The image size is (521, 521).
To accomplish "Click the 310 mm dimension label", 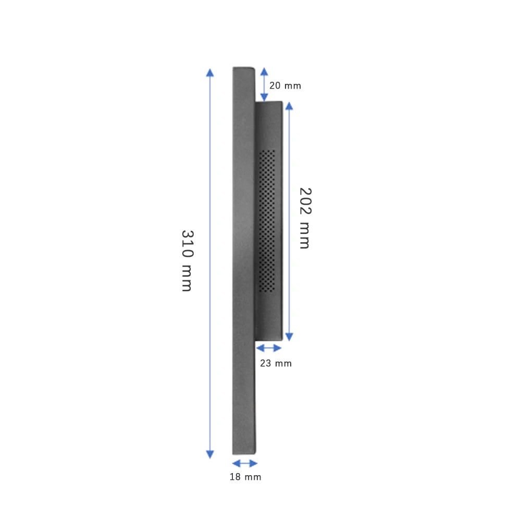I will coord(187,260).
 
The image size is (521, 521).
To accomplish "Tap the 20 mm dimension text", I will coord(285,86).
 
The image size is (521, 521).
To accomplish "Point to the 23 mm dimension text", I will coord(276,363).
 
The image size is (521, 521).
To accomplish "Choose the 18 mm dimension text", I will coord(245,477).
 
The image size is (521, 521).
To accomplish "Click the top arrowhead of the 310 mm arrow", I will coord(210,72).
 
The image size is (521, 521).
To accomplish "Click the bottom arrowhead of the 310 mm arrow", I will coord(210,454).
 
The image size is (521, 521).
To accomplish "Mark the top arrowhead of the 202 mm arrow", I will coord(289,106).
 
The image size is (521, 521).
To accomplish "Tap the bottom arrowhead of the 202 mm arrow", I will coord(289,337).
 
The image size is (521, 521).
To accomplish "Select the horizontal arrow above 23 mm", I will coord(269,348).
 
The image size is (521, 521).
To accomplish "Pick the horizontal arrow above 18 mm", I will coord(244,463).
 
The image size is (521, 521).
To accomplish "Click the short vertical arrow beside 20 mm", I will coord(264,84).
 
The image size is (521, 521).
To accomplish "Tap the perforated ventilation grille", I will coord(267,220).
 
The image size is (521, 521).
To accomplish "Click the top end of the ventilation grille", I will coord(267,152).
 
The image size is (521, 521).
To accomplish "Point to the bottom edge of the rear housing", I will coord(269,340).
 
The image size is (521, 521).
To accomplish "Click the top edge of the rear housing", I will coord(269,102).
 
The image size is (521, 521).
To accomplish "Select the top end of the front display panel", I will coord(243,68).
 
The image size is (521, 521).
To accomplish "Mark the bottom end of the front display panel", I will coord(244,453).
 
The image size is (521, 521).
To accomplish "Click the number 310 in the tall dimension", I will coord(187,243).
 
